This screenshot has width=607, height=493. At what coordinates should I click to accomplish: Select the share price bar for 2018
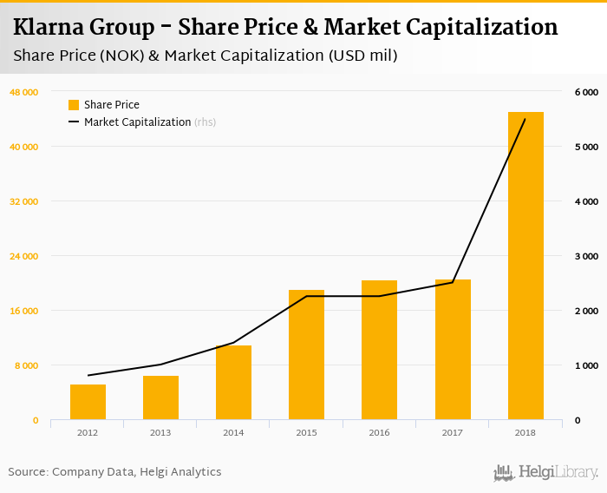coord(525,266)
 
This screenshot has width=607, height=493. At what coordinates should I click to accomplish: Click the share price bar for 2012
coord(88,402)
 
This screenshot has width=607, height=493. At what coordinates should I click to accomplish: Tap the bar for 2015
coord(306,355)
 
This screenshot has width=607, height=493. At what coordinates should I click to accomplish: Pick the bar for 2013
coord(160,398)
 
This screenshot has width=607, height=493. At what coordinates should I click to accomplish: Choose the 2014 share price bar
coord(233,383)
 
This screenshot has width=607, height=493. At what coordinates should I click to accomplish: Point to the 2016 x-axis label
coord(379,432)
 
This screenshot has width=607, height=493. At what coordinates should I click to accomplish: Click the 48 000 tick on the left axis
coord(24,92)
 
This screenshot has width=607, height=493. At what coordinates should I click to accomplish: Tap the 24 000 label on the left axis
coord(24,256)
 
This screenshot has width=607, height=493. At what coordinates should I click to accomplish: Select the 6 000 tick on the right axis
coord(586,92)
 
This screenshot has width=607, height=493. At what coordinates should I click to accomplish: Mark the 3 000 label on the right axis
coord(586,256)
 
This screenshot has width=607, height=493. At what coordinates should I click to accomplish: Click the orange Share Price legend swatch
coord(74,105)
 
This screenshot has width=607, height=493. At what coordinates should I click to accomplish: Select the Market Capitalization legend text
coord(137,122)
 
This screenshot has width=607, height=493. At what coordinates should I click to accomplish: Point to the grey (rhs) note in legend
coord(205,122)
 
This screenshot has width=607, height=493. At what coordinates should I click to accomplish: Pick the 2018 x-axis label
coord(525,432)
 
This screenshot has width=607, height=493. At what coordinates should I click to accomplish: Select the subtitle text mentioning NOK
coord(206,56)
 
